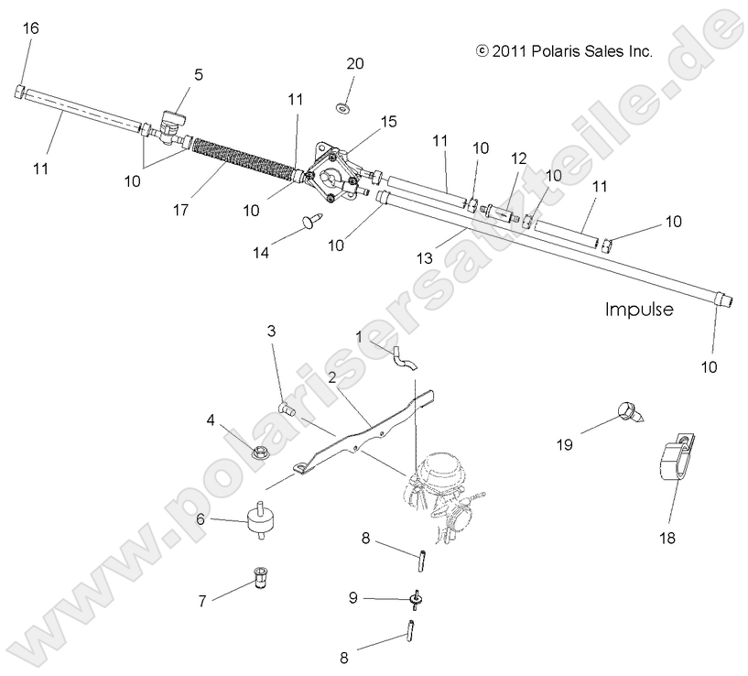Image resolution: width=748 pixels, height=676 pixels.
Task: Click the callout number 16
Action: point(30,29)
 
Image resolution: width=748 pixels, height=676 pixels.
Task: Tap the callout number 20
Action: point(355,63)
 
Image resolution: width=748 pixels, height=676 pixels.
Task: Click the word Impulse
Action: point(638,310)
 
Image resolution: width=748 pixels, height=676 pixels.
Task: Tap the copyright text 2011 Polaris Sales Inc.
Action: point(564,52)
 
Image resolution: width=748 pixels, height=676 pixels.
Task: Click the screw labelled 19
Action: point(630,410)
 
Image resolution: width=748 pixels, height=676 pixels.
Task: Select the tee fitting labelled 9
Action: point(415,600)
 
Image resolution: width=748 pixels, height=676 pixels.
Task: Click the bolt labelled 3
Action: point(285,409)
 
